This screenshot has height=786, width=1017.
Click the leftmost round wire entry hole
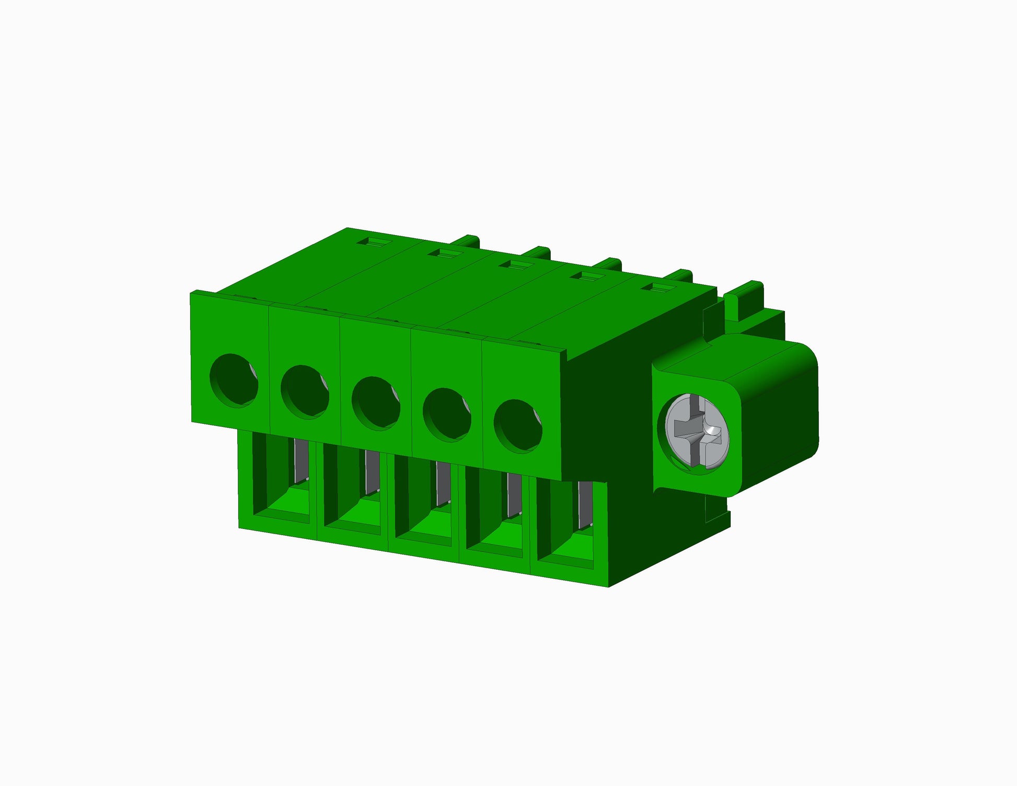pos(233,380)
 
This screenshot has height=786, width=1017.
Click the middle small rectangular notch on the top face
pos(513,264)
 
